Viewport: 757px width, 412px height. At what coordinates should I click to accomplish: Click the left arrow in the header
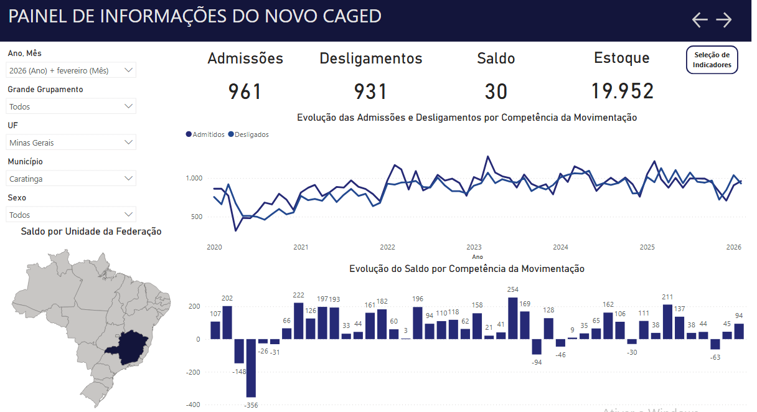pos(700,20)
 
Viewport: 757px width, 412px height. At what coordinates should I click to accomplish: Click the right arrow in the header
pos(723,20)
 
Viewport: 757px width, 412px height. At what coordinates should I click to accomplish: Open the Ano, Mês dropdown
pos(71,70)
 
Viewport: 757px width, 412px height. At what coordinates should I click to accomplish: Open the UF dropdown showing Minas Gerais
pos(71,143)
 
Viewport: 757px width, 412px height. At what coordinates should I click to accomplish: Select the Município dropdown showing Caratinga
pos(71,179)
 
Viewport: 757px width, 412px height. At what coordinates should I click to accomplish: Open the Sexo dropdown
pos(71,215)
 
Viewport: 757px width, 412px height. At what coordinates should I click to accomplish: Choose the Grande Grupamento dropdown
pos(71,106)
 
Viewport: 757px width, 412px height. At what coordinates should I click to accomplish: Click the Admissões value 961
pos(245,91)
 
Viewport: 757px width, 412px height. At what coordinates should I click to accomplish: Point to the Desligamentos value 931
pos(370,91)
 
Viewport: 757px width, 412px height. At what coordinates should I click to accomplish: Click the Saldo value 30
pos(496,91)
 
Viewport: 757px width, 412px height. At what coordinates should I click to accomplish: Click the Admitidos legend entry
pos(205,134)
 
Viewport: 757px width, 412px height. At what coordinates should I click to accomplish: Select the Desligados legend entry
pos(248,134)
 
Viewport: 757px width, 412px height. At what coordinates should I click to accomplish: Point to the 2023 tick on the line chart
pos(474,247)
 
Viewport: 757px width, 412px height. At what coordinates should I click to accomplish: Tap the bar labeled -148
pos(239,351)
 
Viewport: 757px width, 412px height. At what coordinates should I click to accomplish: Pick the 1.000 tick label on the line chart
pos(194,179)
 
